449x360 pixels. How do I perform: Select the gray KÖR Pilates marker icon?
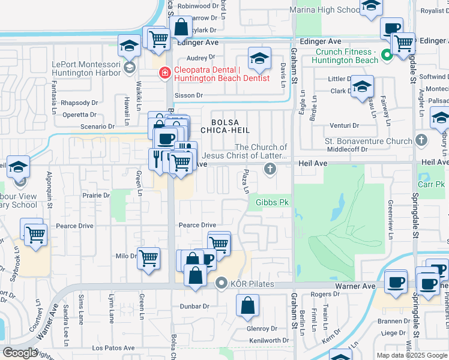click(x=221, y=283)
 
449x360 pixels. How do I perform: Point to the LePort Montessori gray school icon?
click(x=129, y=68)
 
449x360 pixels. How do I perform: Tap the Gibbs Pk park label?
click(x=273, y=203)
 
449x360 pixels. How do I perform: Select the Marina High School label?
click(x=324, y=10)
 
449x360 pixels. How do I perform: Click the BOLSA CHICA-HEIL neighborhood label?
click(x=237, y=124)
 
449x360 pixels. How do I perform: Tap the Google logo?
click(x=19, y=353)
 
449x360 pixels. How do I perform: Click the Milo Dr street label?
click(x=126, y=256)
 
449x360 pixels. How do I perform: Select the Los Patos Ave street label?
click(x=113, y=348)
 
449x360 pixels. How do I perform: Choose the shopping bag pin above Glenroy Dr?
click(x=248, y=305)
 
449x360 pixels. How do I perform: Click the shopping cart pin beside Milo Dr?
click(x=148, y=259)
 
